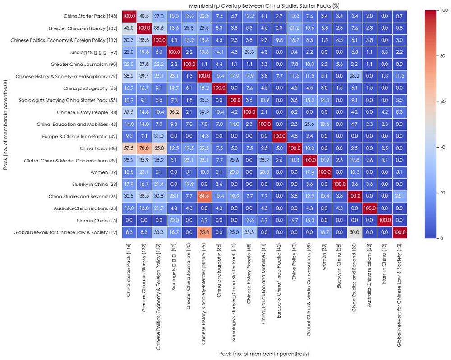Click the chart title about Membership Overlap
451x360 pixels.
tap(265, 5)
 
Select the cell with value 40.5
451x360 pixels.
tap(144, 16)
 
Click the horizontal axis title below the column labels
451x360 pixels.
tap(264, 354)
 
